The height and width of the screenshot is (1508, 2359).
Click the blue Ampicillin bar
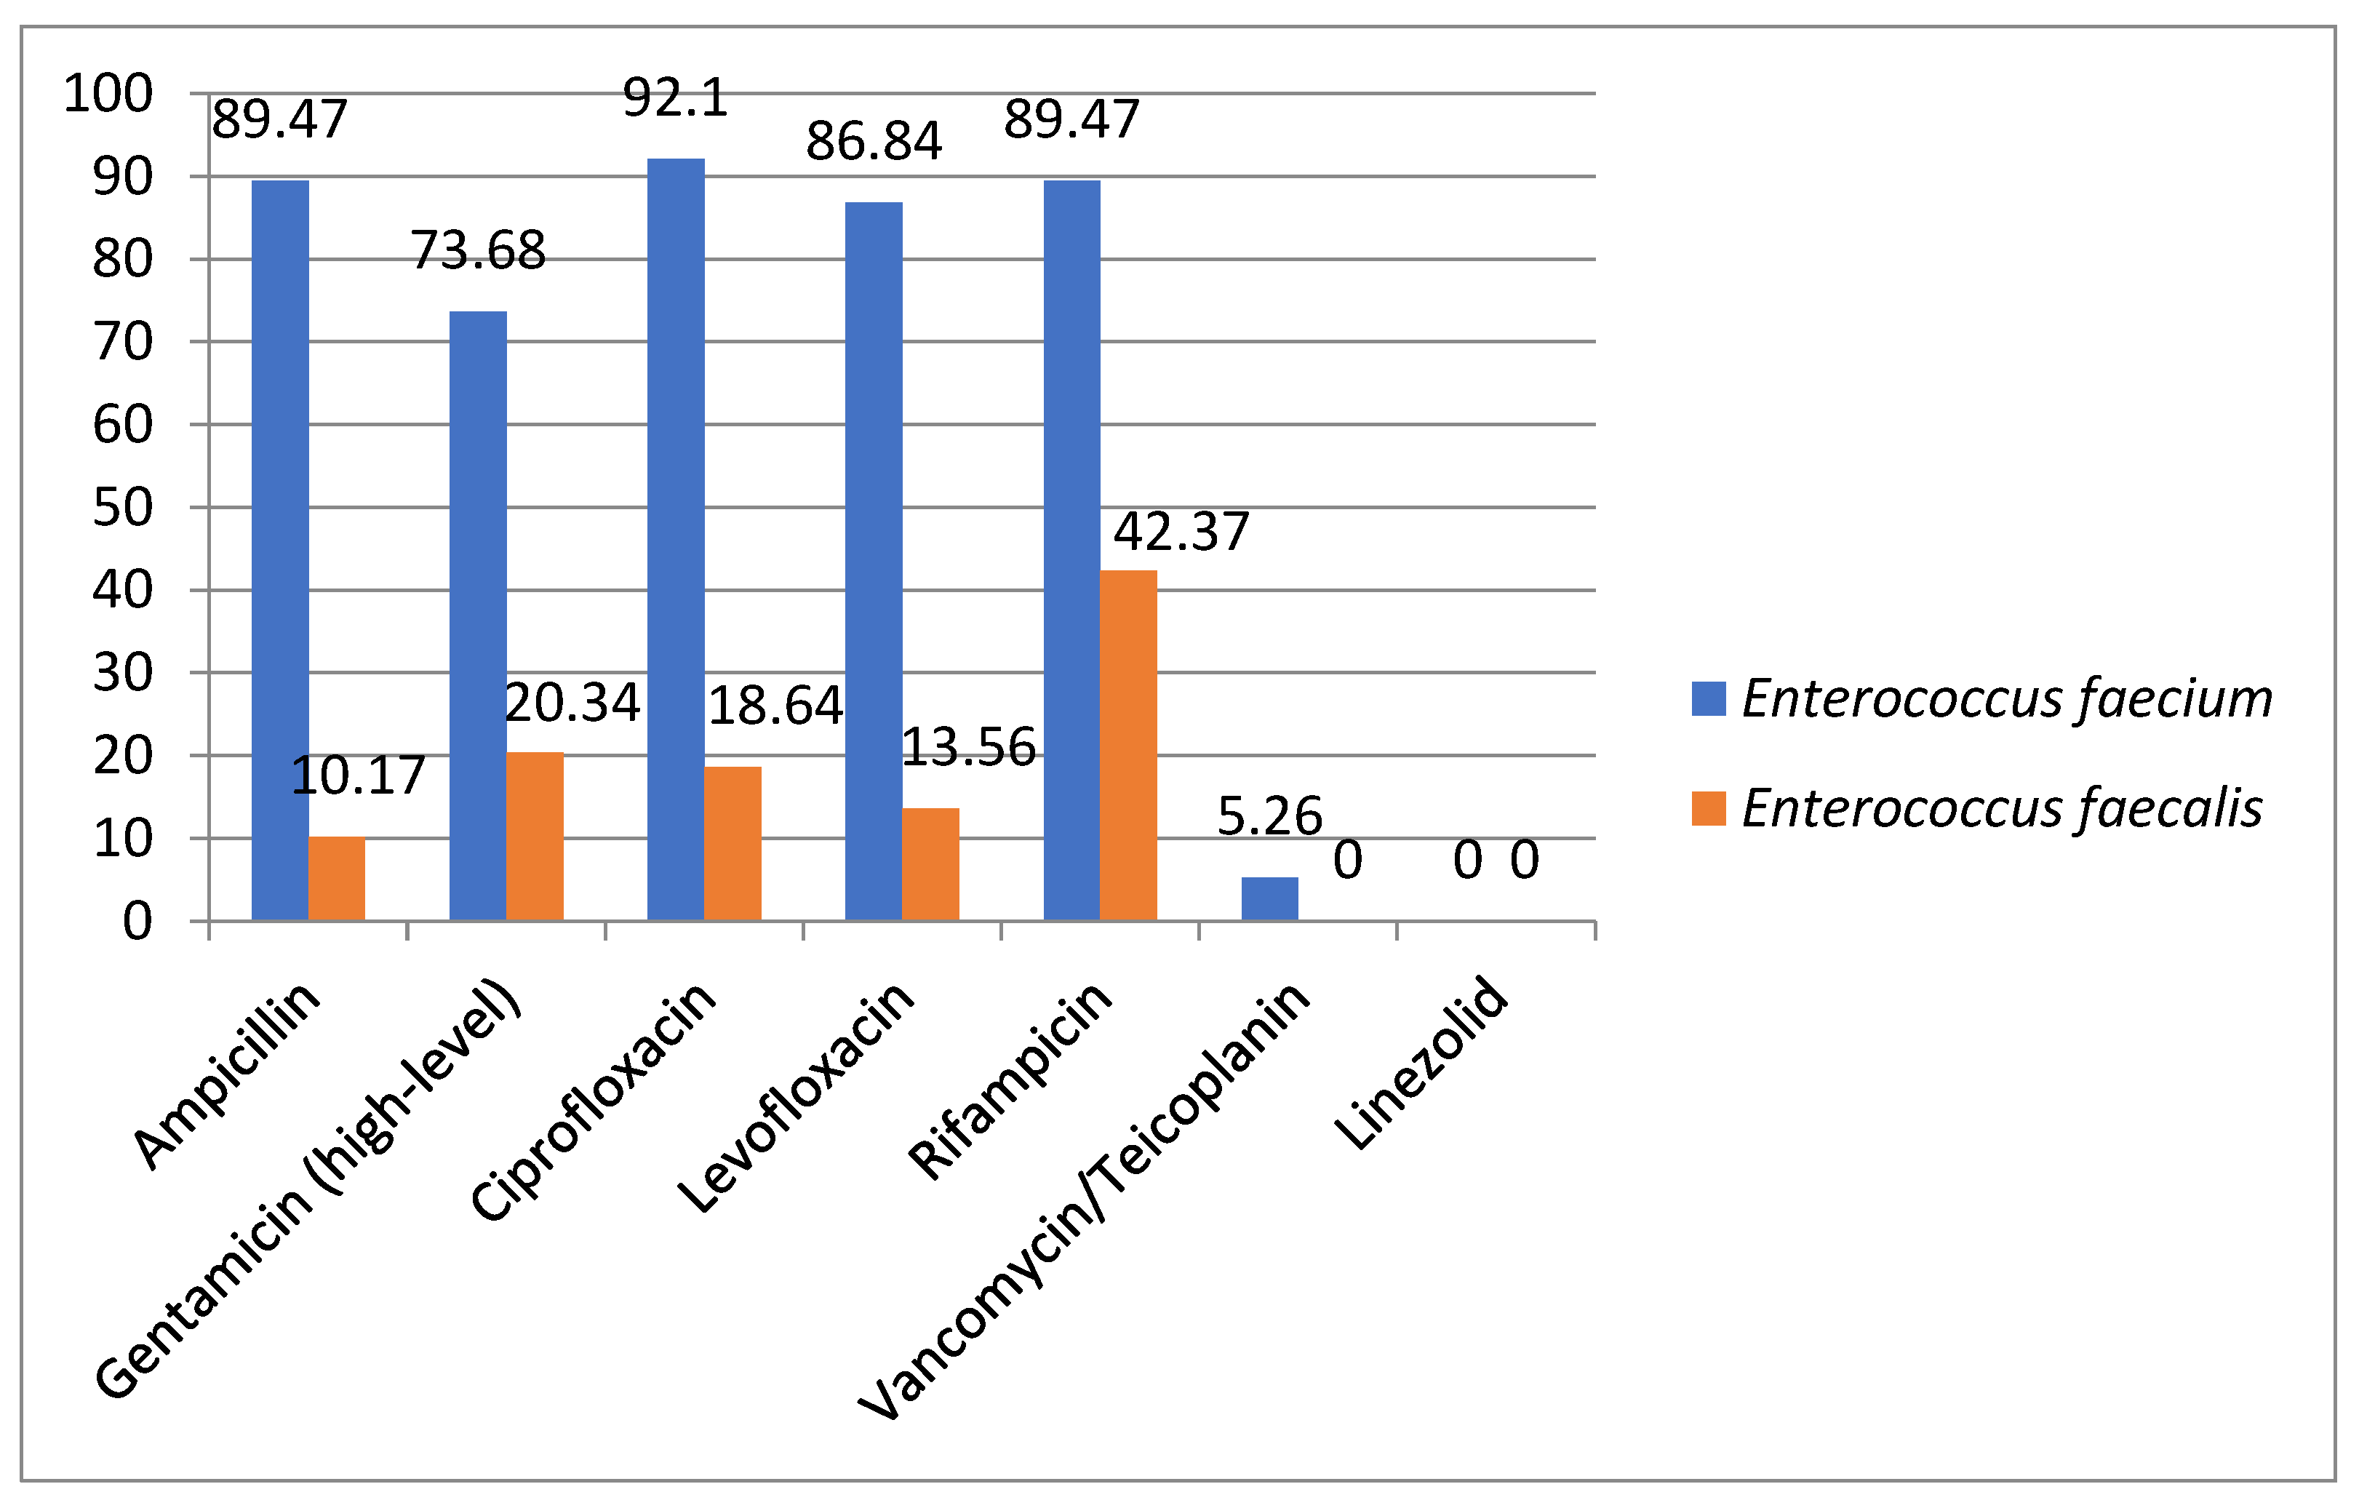click(280, 548)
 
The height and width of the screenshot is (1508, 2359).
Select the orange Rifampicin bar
click(1128, 745)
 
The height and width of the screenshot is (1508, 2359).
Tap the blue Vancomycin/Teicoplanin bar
click(1269, 898)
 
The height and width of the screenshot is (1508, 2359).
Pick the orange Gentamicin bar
click(535, 836)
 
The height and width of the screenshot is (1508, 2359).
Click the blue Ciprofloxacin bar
click(676, 539)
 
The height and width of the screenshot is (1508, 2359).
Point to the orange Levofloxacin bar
click(930, 863)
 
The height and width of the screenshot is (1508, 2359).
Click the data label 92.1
click(676, 98)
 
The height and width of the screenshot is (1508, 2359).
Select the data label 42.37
click(1181, 532)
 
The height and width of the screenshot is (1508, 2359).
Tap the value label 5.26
click(1269, 816)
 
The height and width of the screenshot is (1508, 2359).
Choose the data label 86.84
click(874, 141)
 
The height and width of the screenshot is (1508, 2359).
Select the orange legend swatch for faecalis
click(1709, 808)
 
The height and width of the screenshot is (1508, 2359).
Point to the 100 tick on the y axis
click(108, 94)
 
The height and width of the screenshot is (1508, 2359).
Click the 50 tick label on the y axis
click(122, 508)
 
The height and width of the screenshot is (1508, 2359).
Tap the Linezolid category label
click(1422, 1063)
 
